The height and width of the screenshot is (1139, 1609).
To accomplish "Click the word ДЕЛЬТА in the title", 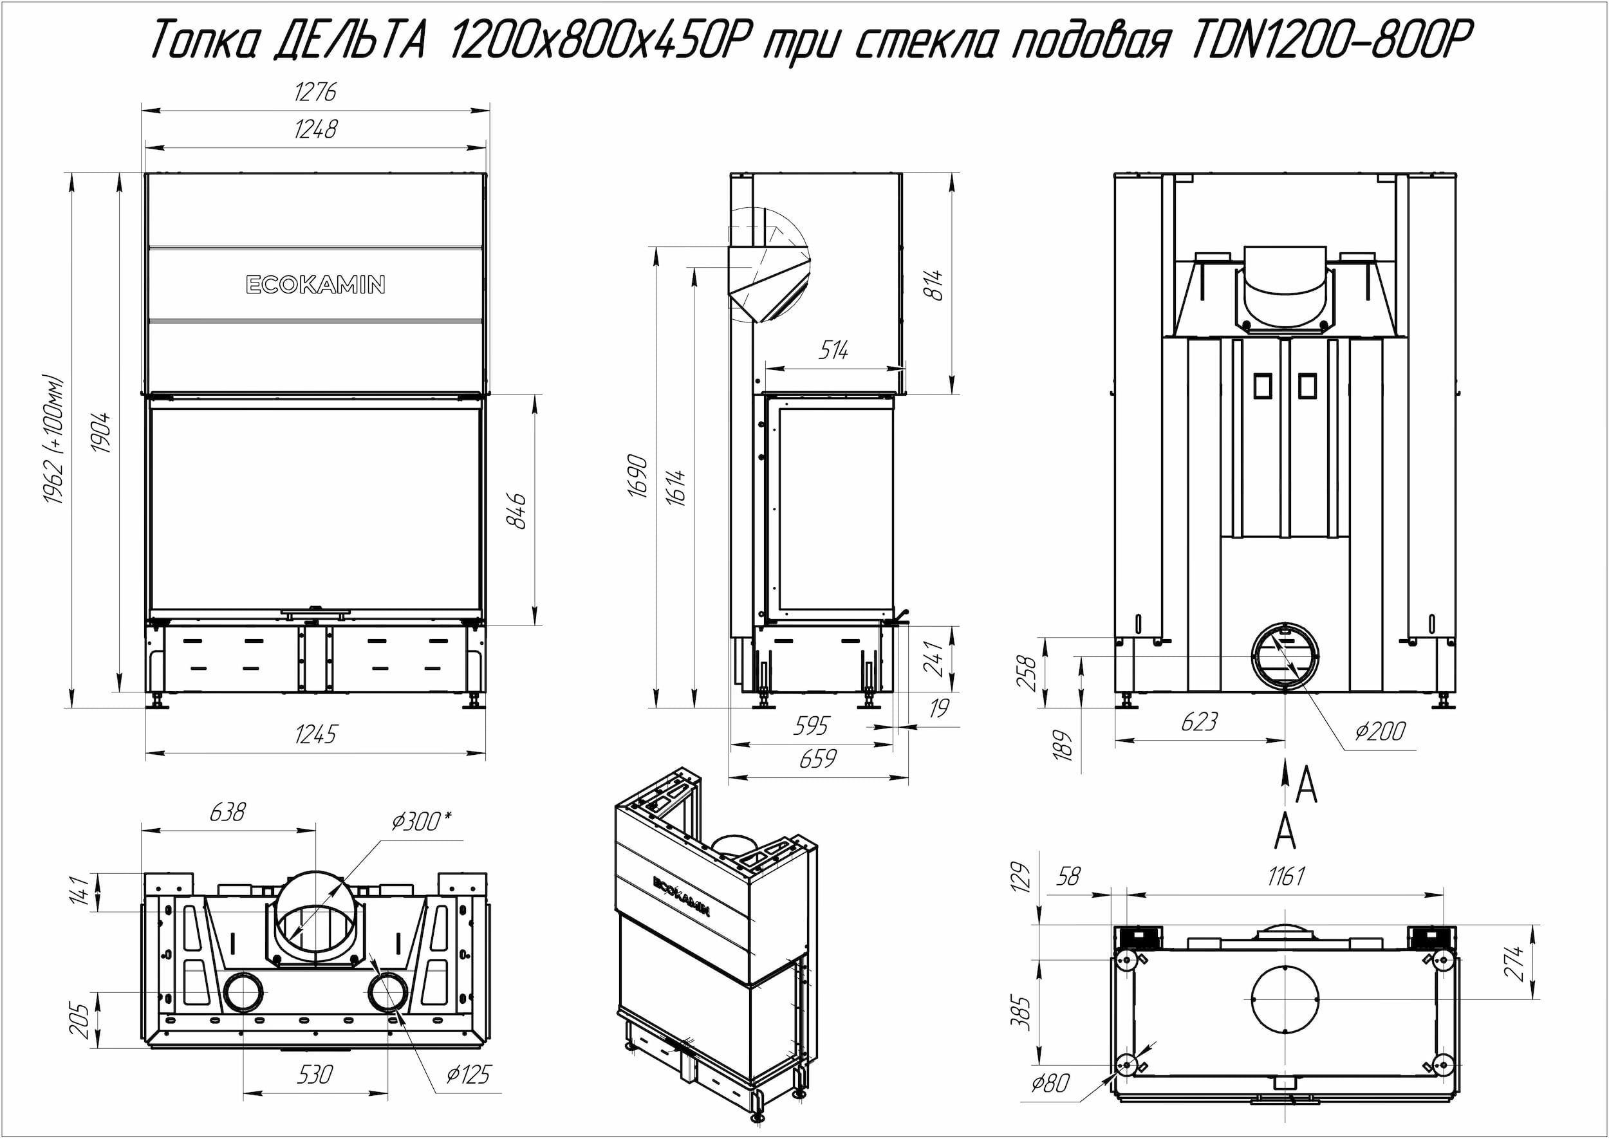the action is coord(349,39).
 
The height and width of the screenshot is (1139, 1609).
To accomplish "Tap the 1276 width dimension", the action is coord(315,92).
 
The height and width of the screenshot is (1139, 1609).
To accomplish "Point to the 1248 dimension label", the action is coord(315,129).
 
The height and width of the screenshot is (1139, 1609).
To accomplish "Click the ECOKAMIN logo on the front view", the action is coord(315,284).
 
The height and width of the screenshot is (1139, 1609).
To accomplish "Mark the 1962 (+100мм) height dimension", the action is coord(53,440).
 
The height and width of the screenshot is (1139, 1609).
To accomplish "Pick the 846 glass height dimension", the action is coord(516,510).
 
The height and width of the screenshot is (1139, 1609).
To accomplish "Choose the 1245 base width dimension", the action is coord(315,734).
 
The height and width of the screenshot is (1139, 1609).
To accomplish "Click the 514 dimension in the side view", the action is coord(833,349).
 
